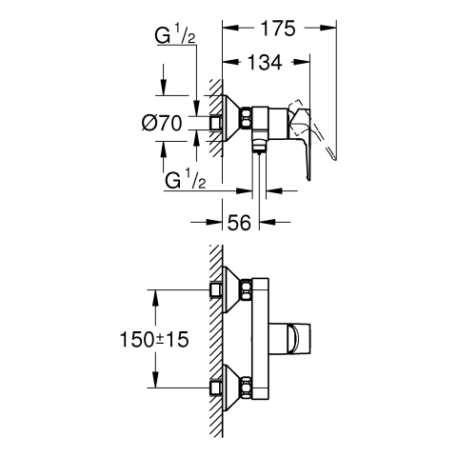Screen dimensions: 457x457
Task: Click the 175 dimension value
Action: click(278, 29)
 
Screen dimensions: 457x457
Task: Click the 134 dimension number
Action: click(265, 62)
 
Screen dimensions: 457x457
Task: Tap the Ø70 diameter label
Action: click(162, 123)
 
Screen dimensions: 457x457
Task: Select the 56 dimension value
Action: click(239, 222)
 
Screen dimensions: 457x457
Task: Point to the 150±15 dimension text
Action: click(154, 339)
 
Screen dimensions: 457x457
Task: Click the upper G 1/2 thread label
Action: click(175, 36)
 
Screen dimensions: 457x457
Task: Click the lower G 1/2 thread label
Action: click(185, 181)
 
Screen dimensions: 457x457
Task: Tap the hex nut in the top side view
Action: click(247, 118)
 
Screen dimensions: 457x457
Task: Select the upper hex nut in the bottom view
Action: click(247, 289)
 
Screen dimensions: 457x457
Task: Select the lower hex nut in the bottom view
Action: click(247, 387)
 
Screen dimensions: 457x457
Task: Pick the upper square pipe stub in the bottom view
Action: click(216, 289)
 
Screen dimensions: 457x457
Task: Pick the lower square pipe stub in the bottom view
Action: click(216, 387)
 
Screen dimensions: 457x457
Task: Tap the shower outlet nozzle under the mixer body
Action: click(259, 147)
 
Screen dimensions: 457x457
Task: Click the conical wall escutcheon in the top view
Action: click(232, 118)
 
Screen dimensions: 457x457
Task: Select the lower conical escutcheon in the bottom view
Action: click(232, 387)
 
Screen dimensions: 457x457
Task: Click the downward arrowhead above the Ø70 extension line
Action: click(163, 87)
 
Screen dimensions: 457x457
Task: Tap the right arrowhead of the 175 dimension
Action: click(328, 29)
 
